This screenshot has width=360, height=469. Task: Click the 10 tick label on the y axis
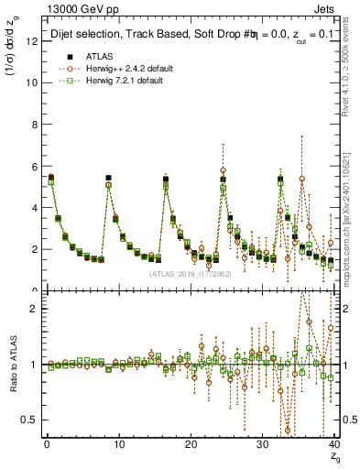point(32,82)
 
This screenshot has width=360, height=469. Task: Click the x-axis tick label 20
point(190,445)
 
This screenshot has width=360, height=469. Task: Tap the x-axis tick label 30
point(262,445)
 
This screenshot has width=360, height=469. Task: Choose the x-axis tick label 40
point(333,445)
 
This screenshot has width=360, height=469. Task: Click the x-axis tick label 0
point(46,445)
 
